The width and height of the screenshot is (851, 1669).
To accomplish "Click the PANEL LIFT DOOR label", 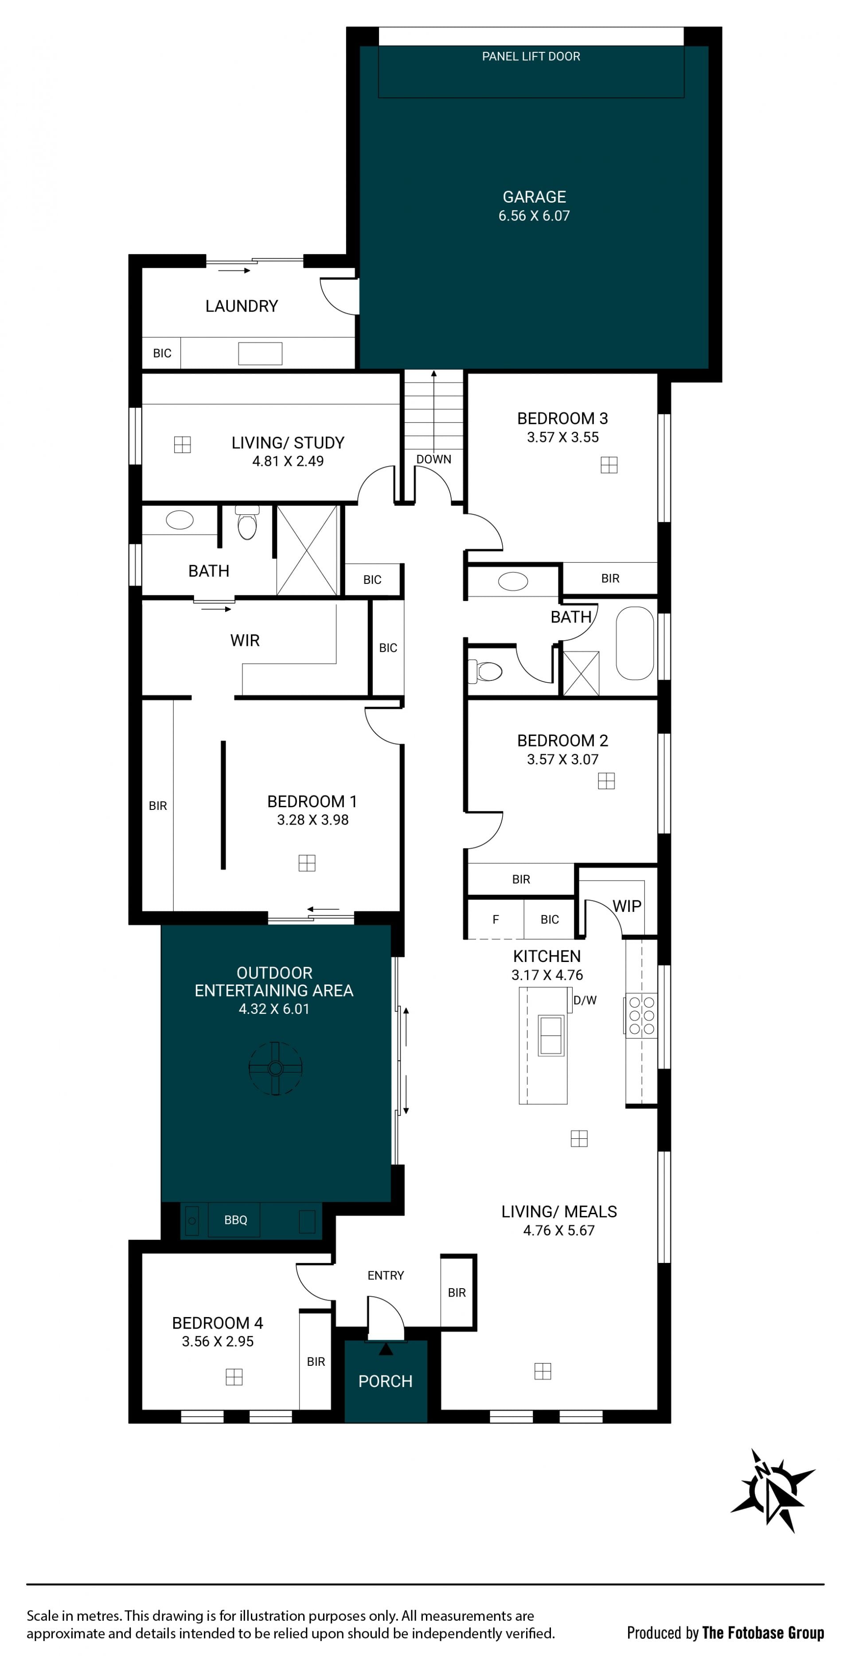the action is [x=531, y=56].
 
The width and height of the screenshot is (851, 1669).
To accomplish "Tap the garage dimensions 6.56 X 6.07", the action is [x=534, y=216].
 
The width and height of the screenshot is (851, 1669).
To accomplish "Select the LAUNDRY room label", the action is [x=242, y=306].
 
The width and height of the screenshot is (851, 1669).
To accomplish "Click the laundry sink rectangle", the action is [x=260, y=354].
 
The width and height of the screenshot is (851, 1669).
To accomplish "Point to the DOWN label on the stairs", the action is [x=434, y=459].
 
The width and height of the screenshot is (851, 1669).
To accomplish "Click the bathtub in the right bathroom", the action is [x=635, y=643].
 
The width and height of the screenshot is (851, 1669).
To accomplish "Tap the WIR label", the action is [x=245, y=641].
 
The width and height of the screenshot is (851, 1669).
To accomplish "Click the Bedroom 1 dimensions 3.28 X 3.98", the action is [x=313, y=820].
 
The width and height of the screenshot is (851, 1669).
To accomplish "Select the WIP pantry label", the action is [x=627, y=907].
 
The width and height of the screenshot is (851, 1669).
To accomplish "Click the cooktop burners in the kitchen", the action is [x=642, y=1015].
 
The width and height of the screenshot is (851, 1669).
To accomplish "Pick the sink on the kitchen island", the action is [x=551, y=1035].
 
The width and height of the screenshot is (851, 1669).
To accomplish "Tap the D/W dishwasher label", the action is [x=585, y=1001].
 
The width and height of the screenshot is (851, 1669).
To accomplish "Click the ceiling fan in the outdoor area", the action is [x=275, y=1068].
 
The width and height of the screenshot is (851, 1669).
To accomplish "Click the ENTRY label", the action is [x=386, y=1275].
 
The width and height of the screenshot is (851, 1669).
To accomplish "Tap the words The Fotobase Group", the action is [x=763, y=1633].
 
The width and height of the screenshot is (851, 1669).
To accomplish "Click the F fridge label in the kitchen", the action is [x=496, y=919].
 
